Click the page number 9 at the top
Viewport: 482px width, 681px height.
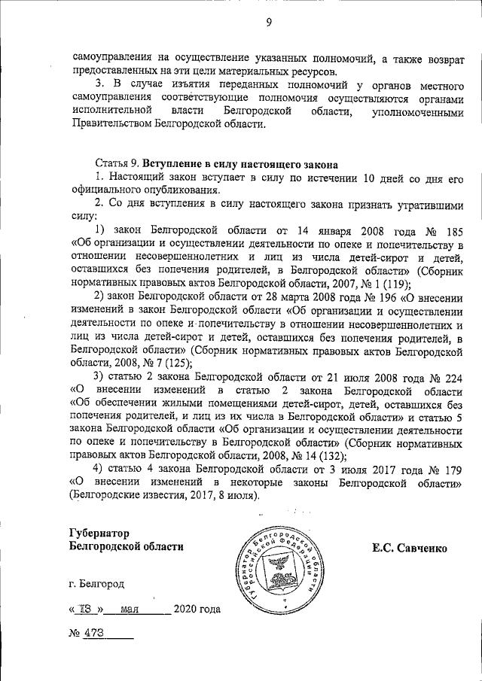pyautogui.click(x=268, y=23)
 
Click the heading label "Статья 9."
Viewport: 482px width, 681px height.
pyautogui.click(x=117, y=163)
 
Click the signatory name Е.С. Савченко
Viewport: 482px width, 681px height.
pyautogui.click(x=410, y=549)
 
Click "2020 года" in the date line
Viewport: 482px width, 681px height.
pyautogui.click(x=197, y=610)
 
